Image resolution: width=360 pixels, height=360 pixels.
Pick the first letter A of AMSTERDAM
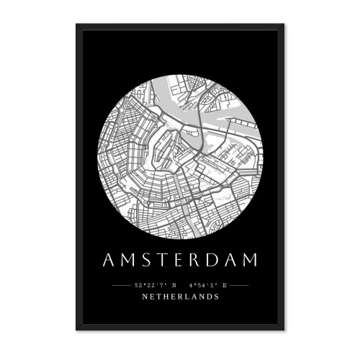click(x=108, y=260)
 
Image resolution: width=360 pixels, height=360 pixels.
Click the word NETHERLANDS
click(x=180, y=296)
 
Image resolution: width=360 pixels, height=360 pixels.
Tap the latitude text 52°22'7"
click(x=150, y=285)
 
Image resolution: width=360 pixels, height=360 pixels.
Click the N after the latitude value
click(x=174, y=285)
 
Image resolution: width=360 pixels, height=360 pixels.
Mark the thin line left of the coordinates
click(x=122, y=285)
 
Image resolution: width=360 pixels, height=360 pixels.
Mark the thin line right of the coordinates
click(x=238, y=285)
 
